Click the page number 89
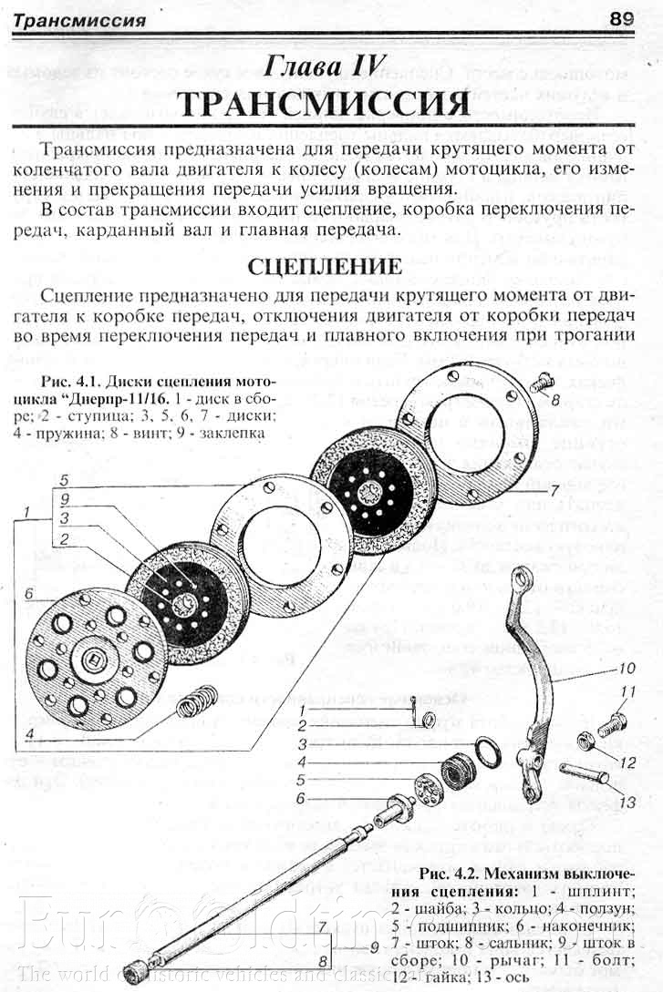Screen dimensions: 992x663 click(624, 17)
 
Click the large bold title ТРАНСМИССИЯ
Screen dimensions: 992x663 click(325, 104)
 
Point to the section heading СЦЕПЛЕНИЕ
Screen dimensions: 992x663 click(325, 266)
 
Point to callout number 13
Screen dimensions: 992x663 click(627, 802)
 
